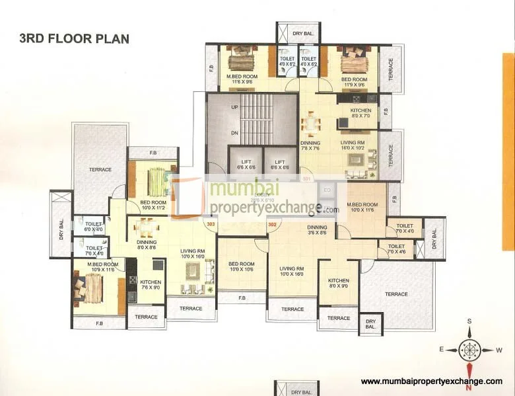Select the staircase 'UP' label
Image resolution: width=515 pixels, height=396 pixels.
[234, 107]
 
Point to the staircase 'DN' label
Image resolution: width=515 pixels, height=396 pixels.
[234, 132]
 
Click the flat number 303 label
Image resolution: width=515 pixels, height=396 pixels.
[211, 224]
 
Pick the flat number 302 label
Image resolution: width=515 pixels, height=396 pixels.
[272, 224]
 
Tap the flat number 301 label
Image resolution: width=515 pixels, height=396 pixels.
[306, 179]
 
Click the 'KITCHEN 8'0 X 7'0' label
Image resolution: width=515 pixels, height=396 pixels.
[360, 113]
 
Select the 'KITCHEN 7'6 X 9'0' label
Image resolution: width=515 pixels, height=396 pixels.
[150, 284]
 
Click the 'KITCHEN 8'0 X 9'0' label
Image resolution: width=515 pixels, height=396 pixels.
[338, 283]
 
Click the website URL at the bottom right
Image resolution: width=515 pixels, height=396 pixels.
[432, 381]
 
